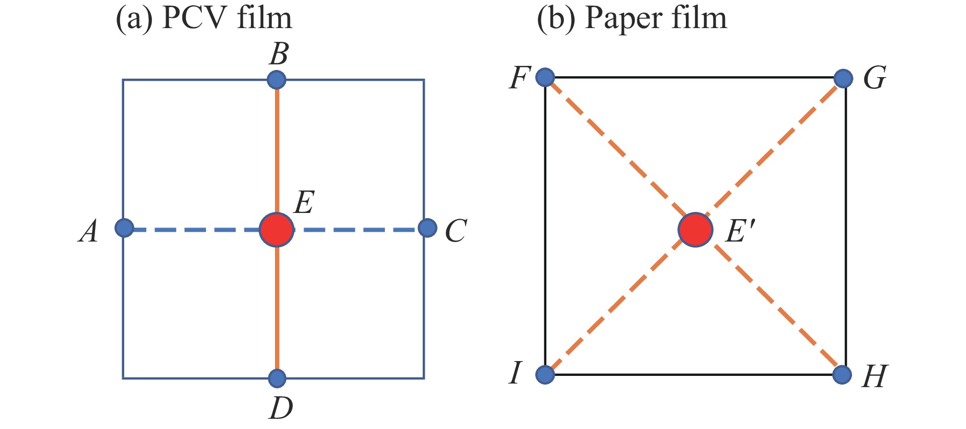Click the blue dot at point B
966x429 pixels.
click(277, 80)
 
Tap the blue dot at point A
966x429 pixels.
click(124, 228)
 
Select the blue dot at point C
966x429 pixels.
click(427, 228)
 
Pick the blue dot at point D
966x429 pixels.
click(277, 378)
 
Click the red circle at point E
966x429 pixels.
click(277, 230)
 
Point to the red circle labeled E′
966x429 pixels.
click(696, 230)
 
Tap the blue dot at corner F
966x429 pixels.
click(545, 77)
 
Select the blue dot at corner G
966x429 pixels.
click(843, 79)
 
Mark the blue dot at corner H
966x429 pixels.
click(842, 374)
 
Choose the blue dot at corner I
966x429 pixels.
click(545, 374)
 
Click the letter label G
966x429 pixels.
click(875, 79)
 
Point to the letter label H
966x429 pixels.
click(875, 377)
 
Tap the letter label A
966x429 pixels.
click(89, 231)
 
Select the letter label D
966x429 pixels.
click(281, 408)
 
